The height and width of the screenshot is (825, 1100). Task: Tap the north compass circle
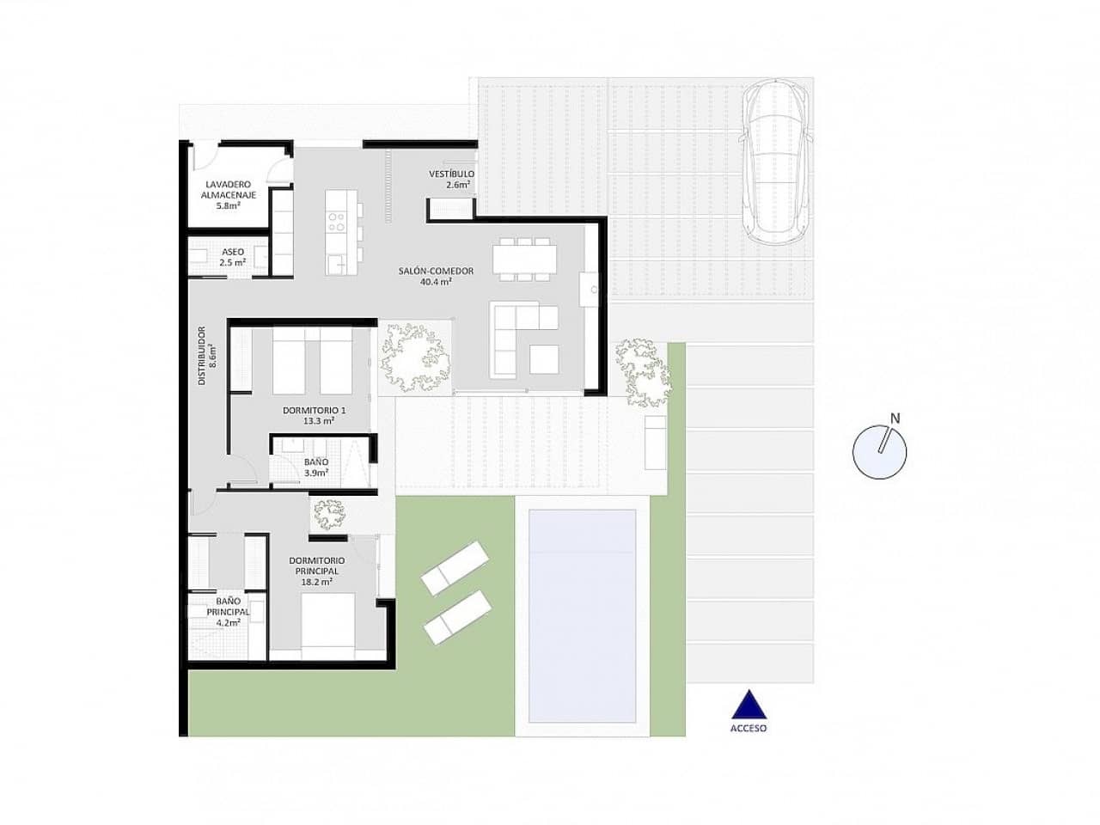coord(879,452)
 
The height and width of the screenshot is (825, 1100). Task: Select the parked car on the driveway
coord(777,162)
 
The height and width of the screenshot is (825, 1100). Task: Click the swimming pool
coord(582,615)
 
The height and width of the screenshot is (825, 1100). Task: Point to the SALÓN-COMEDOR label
coord(436,276)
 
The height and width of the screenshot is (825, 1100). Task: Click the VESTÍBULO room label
coord(451,179)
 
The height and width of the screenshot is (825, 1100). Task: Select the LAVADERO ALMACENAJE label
coord(228,195)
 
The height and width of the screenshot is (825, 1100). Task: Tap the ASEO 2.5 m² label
coord(233,257)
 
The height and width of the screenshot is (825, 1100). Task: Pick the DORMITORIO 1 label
coord(314,415)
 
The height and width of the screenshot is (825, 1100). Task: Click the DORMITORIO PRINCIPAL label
coord(316,571)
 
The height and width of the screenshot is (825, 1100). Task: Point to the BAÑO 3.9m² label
coord(316,467)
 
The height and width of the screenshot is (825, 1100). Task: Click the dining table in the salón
coord(524,259)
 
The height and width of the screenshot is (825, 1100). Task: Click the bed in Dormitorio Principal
coord(327,626)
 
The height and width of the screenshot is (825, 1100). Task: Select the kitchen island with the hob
coord(338,232)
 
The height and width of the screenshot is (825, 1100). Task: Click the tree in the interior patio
coord(415,355)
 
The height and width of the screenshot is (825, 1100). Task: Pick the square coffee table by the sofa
coord(544,358)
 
